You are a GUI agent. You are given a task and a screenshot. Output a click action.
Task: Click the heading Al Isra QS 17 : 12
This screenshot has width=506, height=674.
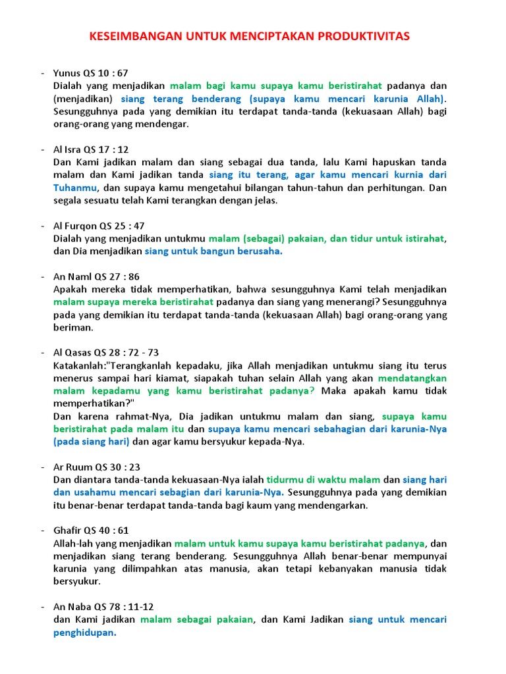tap(91, 149)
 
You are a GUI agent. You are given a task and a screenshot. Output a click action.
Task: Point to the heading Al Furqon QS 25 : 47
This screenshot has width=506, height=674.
tap(98, 226)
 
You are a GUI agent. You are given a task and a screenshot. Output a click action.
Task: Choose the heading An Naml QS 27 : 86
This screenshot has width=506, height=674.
tap(96, 276)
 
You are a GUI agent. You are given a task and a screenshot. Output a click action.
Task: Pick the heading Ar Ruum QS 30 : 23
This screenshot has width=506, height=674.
tap(96, 467)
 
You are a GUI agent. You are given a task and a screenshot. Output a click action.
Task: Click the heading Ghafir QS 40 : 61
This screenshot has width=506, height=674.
tap(92, 531)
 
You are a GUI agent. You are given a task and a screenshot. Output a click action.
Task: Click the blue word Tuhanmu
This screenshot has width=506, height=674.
tap(76, 188)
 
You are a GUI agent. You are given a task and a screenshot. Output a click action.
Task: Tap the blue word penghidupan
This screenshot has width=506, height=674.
tap(84, 633)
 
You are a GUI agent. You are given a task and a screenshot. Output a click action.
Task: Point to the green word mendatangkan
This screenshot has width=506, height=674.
tap(412, 378)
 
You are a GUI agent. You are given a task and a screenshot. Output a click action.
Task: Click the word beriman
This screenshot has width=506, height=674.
tap(73, 327)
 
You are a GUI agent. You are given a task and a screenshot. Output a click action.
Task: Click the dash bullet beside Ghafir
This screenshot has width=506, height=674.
tap(42, 531)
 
